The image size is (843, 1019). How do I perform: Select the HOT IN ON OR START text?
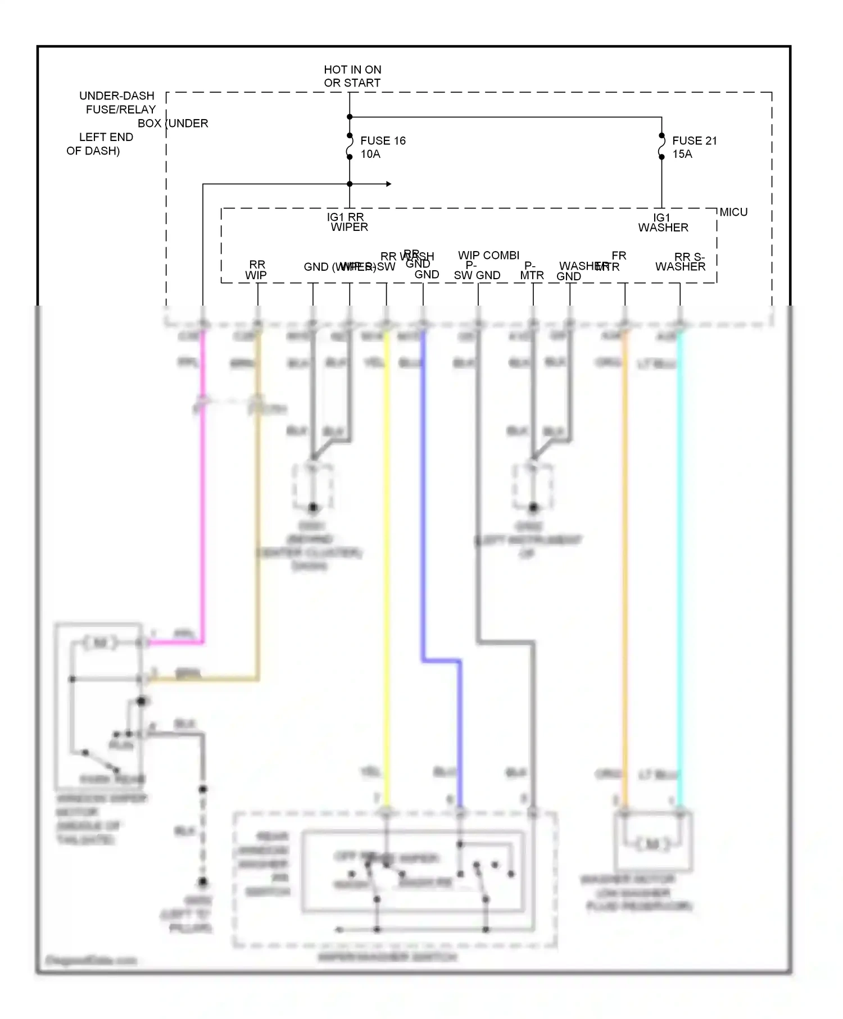pyautogui.click(x=352, y=76)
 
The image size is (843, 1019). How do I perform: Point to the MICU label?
pyautogui.click(x=733, y=212)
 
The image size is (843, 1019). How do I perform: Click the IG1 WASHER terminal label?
pyautogui.click(x=663, y=222)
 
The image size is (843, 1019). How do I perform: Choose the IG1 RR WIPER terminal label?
pyautogui.click(x=348, y=222)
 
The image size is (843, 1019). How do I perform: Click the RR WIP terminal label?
pyautogui.click(x=256, y=270)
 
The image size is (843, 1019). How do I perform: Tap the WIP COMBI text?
pyautogui.click(x=488, y=256)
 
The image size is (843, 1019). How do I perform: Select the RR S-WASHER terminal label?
pyautogui.click(x=681, y=262)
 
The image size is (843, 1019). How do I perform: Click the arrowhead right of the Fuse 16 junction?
pyautogui.click(x=388, y=184)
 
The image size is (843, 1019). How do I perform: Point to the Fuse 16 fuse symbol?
pyautogui.click(x=350, y=147)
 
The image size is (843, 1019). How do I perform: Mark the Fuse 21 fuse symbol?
pyautogui.click(x=662, y=147)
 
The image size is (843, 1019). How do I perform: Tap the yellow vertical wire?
pyautogui.click(x=387, y=562)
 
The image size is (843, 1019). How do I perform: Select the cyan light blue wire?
pyautogui.click(x=680, y=562)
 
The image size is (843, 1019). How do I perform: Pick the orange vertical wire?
pyautogui.click(x=625, y=562)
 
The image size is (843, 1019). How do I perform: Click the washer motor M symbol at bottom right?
pyautogui.click(x=652, y=844)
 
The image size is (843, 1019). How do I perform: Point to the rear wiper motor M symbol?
pyautogui.click(x=100, y=643)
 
